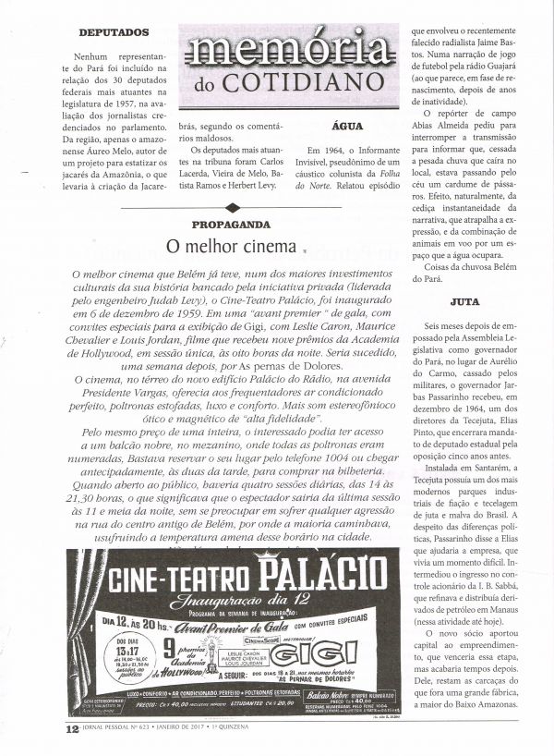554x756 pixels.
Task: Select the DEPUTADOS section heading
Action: pyautogui.click(x=114, y=31)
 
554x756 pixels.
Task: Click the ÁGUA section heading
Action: pyautogui.click(x=341, y=128)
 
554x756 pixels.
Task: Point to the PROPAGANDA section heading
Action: pyautogui.click(x=231, y=225)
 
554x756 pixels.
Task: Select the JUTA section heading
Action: pyautogui.click(x=465, y=301)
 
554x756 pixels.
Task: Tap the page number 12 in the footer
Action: pyautogui.click(x=71, y=727)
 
